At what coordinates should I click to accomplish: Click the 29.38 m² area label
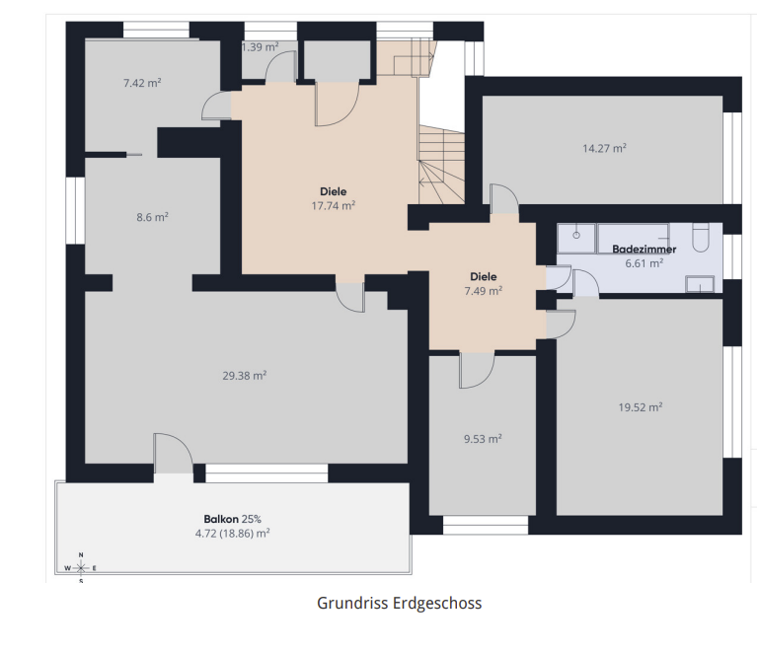(x=245, y=376)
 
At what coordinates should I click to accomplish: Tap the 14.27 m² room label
(x=604, y=148)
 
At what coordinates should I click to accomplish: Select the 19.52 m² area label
(x=640, y=407)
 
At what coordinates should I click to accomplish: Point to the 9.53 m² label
(x=483, y=439)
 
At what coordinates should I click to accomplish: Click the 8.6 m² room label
(x=152, y=217)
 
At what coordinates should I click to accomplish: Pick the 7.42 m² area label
(x=142, y=83)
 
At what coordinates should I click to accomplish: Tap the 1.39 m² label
(x=260, y=47)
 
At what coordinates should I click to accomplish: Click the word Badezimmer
(x=644, y=250)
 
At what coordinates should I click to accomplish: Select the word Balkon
(x=221, y=519)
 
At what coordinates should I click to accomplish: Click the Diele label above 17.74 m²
(x=333, y=191)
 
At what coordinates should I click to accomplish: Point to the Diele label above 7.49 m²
(x=483, y=276)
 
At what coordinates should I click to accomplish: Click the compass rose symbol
(x=81, y=568)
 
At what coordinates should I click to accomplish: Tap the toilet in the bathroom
(x=701, y=238)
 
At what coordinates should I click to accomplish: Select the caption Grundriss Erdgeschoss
(x=400, y=603)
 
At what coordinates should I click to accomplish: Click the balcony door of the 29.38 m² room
(x=173, y=454)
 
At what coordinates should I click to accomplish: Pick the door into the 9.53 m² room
(x=477, y=371)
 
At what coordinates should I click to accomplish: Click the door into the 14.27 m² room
(x=504, y=199)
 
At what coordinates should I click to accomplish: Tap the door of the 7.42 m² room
(x=216, y=106)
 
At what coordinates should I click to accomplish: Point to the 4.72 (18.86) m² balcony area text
(x=232, y=534)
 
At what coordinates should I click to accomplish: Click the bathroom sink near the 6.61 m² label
(x=700, y=284)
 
